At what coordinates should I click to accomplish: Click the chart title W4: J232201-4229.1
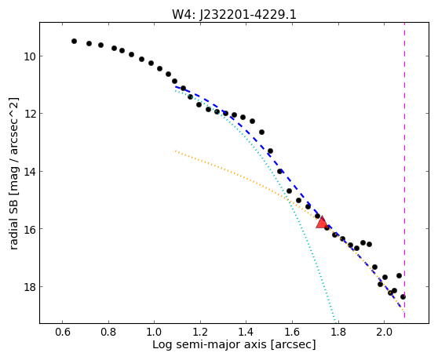click(x=234, y=14)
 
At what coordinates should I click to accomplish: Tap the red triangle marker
click(x=322, y=222)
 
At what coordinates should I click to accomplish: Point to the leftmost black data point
click(x=74, y=42)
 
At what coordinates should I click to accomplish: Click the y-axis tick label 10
click(x=30, y=56)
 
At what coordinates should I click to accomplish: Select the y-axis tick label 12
click(x=30, y=114)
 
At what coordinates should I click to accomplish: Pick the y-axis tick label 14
click(x=30, y=172)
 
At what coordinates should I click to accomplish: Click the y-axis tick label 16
click(x=30, y=229)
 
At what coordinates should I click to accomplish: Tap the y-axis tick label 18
click(x=30, y=287)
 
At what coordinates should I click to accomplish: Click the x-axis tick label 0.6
click(x=62, y=333)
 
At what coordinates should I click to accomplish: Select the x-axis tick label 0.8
click(x=108, y=333)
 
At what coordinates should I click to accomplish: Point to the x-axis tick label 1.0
click(x=154, y=333)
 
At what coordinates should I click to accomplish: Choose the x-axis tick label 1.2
click(x=200, y=333)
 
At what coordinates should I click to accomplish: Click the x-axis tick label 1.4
click(x=246, y=333)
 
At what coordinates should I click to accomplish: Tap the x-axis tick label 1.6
click(x=292, y=333)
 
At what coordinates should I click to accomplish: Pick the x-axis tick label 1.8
click(x=338, y=333)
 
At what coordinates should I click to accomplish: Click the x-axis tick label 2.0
click(x=384, y=333)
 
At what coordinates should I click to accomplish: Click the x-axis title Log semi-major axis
click(x=210, y=345)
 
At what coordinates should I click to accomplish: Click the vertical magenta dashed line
click(x=404, y=169)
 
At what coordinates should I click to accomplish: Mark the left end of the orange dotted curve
click(x=175, y=151)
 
